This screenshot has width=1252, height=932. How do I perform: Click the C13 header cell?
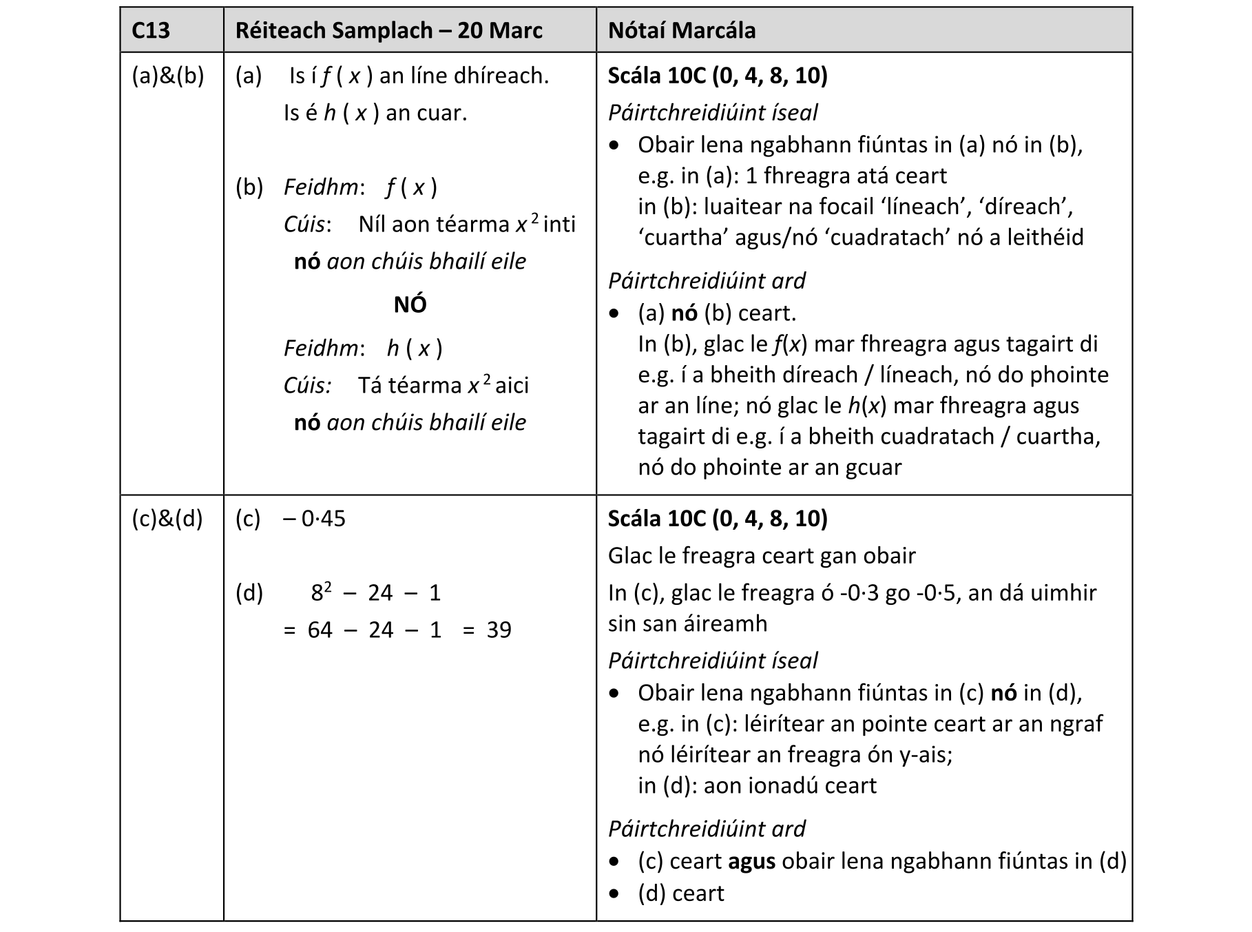151,30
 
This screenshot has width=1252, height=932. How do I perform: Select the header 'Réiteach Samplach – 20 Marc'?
388,30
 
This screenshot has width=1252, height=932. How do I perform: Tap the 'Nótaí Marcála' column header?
682,30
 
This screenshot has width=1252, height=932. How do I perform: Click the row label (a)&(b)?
168,76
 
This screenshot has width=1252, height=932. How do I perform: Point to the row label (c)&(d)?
167,518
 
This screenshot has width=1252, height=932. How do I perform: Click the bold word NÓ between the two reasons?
410,304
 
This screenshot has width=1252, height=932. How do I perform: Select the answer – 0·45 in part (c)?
315,518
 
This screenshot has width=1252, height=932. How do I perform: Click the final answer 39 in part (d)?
499,630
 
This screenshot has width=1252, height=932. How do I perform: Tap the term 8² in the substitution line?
321,592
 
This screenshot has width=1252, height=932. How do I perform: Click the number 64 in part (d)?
320,630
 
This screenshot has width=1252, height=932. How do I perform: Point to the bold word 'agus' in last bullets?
751,862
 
